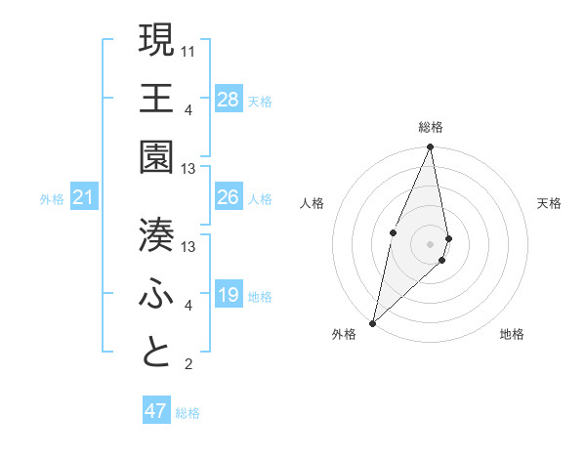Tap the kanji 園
point(156,156)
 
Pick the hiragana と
point(156,353)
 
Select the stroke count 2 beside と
point(188,365)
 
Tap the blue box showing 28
point(229,99)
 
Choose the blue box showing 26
point(229,197)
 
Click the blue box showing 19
point(229,295)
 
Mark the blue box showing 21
point(84,198)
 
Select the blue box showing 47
point(156,411)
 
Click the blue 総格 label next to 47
point(188,413)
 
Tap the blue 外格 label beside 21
point(52,199)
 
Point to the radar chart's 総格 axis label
point(430,127)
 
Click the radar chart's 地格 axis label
point(512,334)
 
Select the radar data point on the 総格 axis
point(430,147)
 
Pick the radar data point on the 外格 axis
point(372,322)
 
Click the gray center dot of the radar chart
point(430,243)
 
